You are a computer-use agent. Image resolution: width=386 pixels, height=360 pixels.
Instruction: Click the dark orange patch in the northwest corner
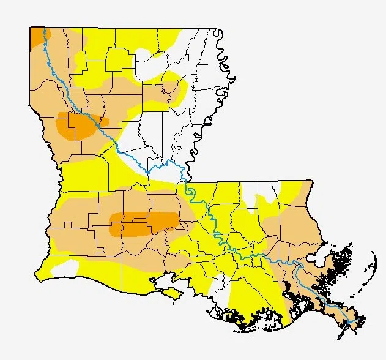pyautogui.click(x=37, y=36)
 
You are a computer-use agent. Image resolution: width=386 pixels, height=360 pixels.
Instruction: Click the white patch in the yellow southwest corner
pyautogui.click(x=64, y=268)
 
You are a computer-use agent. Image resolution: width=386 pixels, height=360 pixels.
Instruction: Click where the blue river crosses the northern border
pyautogui.click(x=45, y=29)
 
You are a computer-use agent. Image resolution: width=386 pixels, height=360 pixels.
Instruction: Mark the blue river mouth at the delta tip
pyautogui.click(x=351, y=321)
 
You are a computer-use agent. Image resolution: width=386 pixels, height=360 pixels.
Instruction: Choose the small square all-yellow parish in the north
pyautogui.click(x=119, y=58)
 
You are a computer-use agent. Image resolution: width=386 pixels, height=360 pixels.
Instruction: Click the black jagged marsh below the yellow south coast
pyautogui.click(x=245, y=318)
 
